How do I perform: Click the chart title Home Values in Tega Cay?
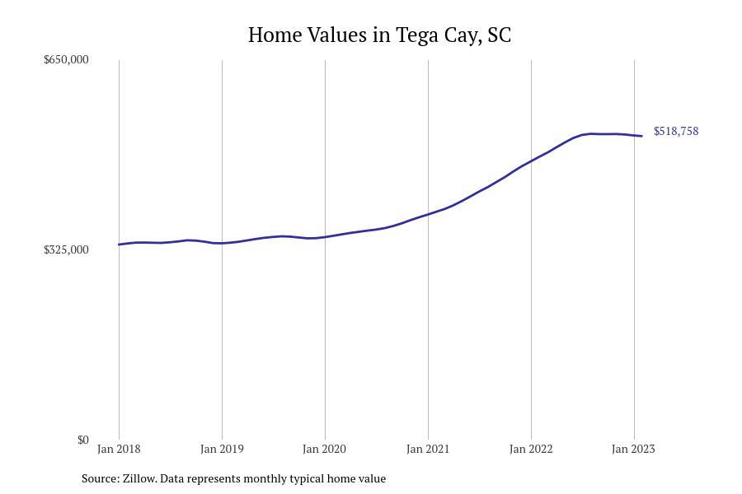pyautogui.click(x=379, y=35)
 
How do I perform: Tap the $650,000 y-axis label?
pyautogui.click(x=66, y=59)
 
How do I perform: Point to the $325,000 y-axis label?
pyautogui.click(x=66, y=249)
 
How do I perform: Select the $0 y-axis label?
pyautogui.click(x=83, y=440)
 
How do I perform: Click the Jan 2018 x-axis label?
pyautogui.click(x=119, y=449)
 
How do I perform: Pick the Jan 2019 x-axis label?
pyautogui.click(x=222, y=449)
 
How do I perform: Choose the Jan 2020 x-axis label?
pyautogui.click(x=325, y=449)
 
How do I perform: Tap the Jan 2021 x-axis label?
pyautogui.click(x=428, y=449)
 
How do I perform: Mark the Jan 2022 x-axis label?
pyautogui.click(x=531, y=449)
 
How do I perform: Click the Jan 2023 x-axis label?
pyautogui.click(x=633, y=449)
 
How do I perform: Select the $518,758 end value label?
pyautogui.click(x=676, y=131)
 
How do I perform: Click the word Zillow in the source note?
pyautogui.click(x=139, y=478)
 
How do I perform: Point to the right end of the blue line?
pyautogui.click(x=642, y=136)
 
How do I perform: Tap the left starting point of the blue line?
pyautogui.click(x=119, y=245)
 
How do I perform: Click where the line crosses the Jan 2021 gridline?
pyautogui.click(x=428, y=214)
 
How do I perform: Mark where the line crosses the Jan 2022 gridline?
pyautogui.click(x=531, y=161)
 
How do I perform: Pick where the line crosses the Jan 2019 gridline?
pyautogui.click(x=222, y=243)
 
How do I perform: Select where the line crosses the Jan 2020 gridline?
pyautogui.click(x=325, y=237)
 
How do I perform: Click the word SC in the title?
pyautogui.click(x=500, y=35)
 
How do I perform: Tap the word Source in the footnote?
pyautogui.click(x=100, y=478)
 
